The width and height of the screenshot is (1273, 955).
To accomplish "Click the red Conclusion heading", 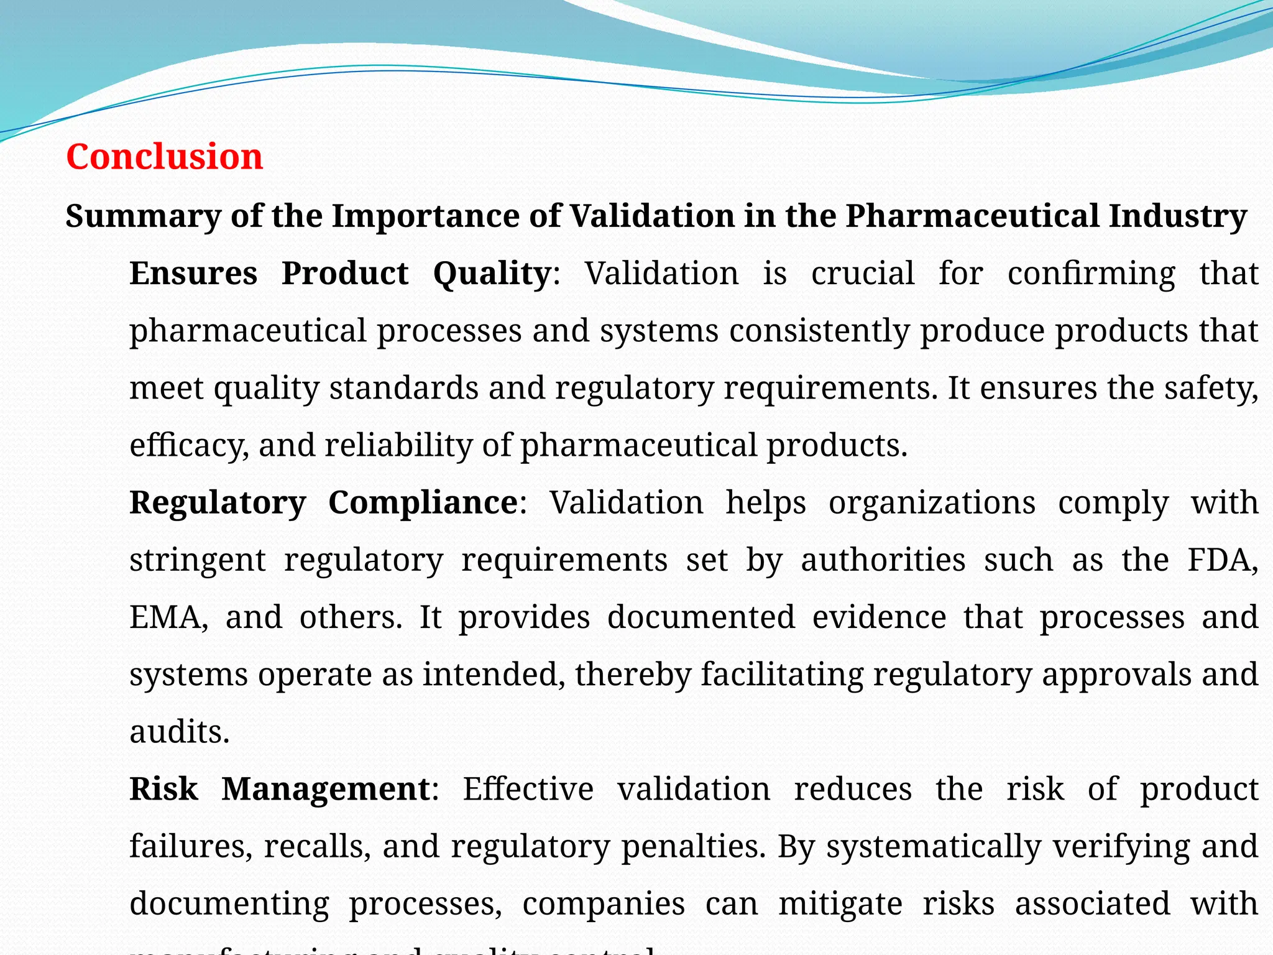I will [165, 156].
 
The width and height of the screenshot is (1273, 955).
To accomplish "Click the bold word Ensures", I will [193, 274].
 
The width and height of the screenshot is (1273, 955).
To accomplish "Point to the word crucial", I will [863, 274].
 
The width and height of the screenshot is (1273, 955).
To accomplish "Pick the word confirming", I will [1091, 274].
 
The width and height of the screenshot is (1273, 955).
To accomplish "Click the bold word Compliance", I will [423, 502].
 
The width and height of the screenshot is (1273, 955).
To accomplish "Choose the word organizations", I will [932, 502].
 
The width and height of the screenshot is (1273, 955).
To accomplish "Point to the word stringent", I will [198, 560].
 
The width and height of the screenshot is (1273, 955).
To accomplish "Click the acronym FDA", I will [1222, 560].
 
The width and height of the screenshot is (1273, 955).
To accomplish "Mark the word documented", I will [701, 617].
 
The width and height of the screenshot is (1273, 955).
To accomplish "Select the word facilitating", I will [782, 675].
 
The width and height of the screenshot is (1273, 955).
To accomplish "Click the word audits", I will [179, 732].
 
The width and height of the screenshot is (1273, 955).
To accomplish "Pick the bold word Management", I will [326, 789].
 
